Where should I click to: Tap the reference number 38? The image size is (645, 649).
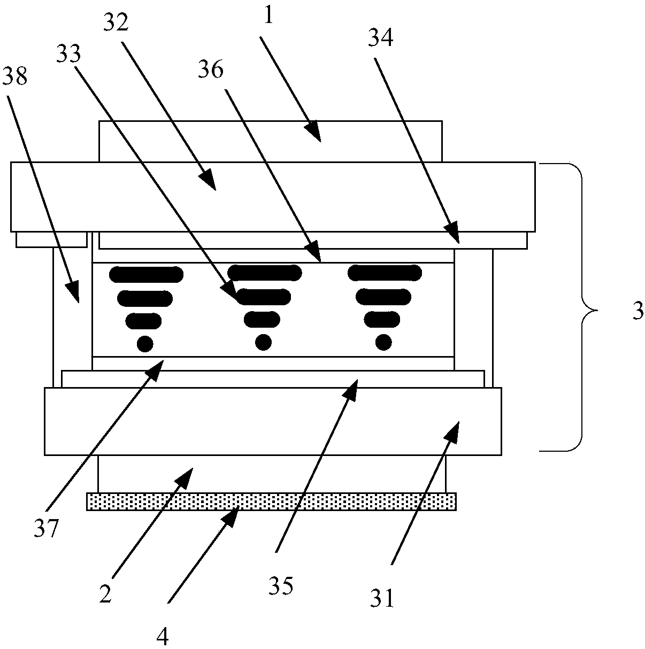14,78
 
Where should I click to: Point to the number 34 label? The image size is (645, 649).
382,38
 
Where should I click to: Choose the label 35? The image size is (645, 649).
281,586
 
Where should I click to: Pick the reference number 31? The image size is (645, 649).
382,599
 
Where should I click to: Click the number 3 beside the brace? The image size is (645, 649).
638,312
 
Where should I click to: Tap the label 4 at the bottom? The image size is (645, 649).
163,636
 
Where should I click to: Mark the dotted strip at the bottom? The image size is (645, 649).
271,502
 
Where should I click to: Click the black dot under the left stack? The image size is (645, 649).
145,343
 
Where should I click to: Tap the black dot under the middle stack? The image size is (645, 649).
263,341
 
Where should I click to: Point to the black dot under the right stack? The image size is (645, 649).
383,341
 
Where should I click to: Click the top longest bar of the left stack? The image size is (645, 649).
146,275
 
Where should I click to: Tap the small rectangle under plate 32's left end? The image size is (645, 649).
51,239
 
